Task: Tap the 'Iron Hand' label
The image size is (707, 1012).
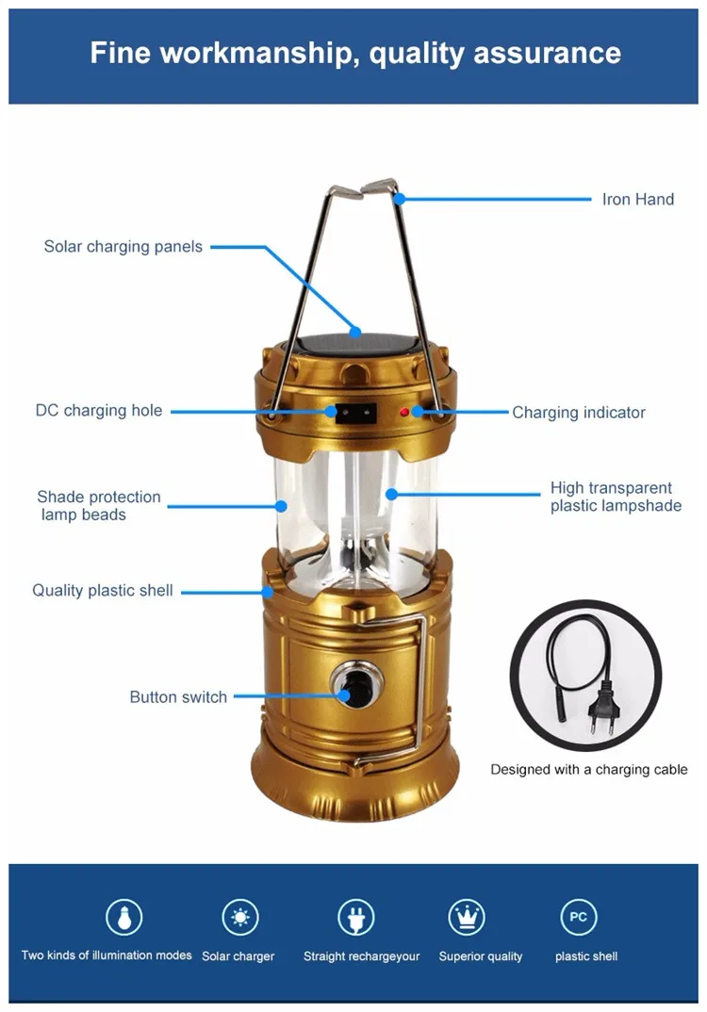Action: pyautogui.click(x=638, y=200)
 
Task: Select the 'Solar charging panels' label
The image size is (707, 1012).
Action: pyautogui.click(x=123, y=247)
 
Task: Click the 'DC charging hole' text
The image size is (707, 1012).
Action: pyautogui.click(x=99, y=411)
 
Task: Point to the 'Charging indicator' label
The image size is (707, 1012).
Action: pyautogui.click(x=579, y=413)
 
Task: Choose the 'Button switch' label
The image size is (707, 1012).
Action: pyautogui.click(x=178, y=697)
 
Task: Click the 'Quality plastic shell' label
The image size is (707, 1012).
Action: pyautogui.click(x=103, y=591)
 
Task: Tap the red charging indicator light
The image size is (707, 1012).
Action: pyautogui.click(x=404, y=412)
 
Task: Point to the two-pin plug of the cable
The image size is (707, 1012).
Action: pyautogui.click(x=602, y=710)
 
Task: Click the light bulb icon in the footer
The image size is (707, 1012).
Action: pyautogui.click(x=124, y=917)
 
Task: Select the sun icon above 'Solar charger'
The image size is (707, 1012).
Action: pyautogui.click(x=240, y=917)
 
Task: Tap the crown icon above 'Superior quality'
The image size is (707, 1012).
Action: pyautogui.click(x=467, y=917)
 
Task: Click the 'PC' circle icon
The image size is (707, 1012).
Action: pyautogui.click(x=579, y=917)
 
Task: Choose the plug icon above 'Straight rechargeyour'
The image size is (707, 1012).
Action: pyautogui.click(x=356, y=917)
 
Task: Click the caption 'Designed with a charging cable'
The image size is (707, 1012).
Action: pyautogui.click(x=589, y=769)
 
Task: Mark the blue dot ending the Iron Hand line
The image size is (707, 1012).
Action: pyautogui.click(x=400, y=199)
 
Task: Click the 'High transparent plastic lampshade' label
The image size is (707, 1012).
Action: pyautogui.click(x=616, y=497)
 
